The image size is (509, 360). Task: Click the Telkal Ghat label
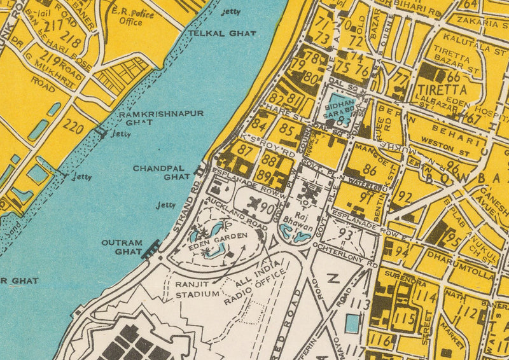[213, 32]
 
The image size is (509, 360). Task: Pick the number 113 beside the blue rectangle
[359, 304]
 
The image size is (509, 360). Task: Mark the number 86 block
[369, 170]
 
